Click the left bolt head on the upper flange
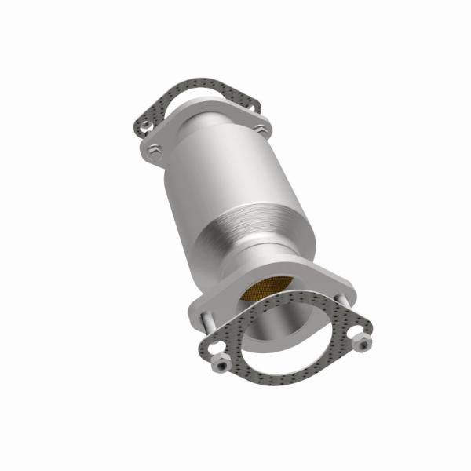click(155, 151)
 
